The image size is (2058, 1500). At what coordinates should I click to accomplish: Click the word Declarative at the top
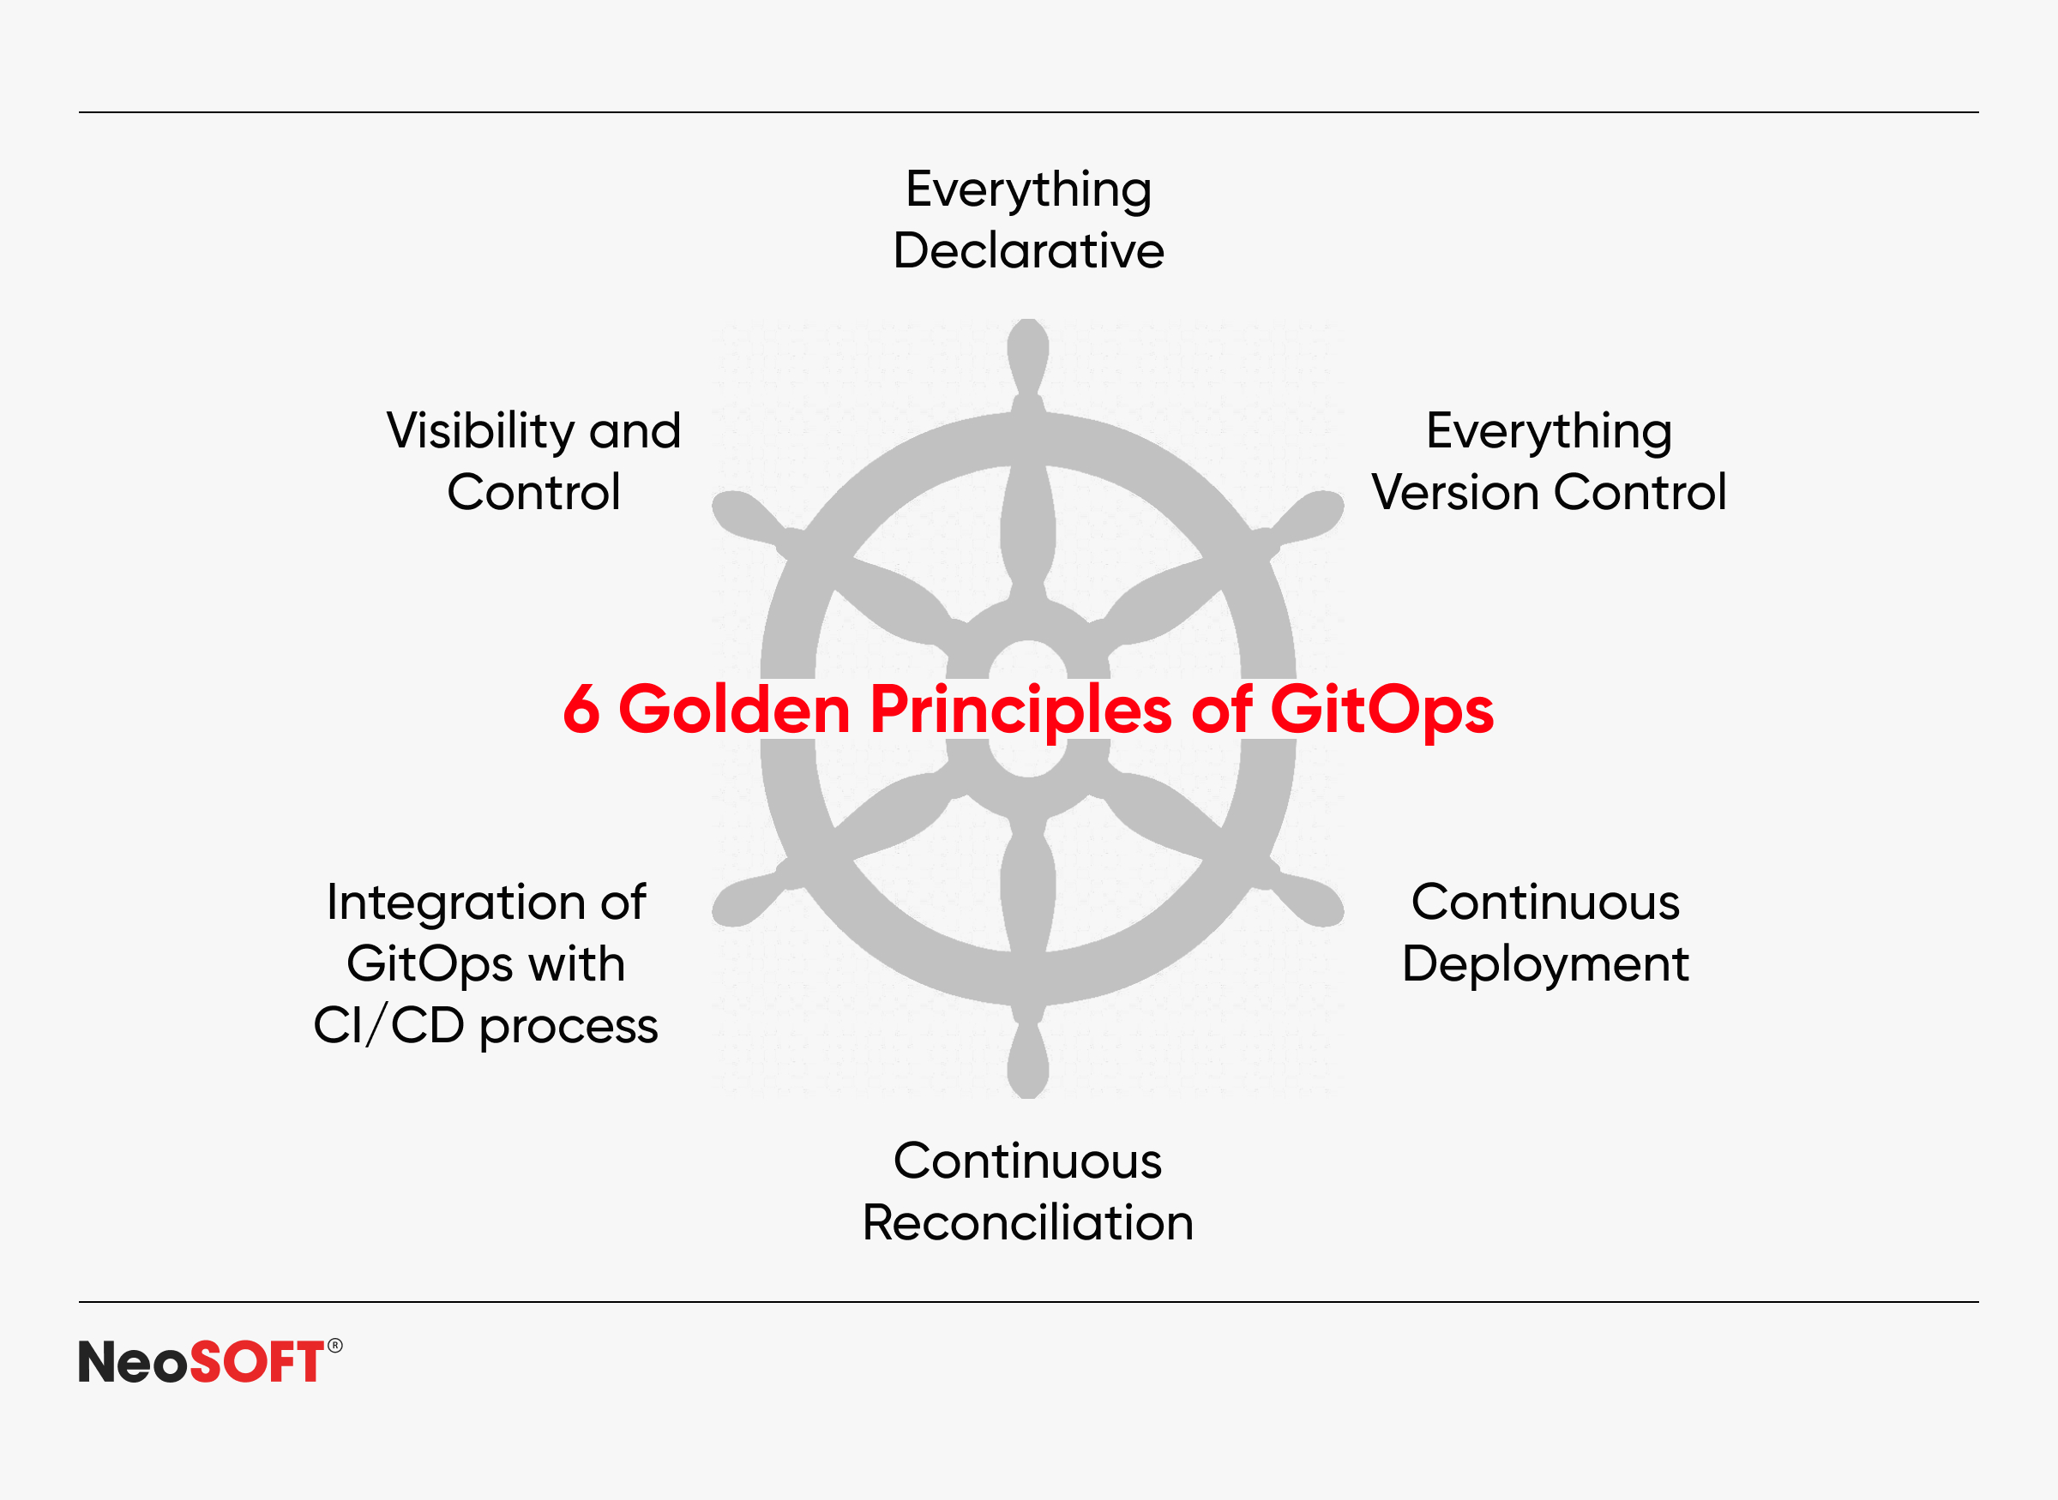pyautogui.click(x=1028, y=250)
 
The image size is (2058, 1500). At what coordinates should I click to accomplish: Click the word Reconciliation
pyautogui.click(x=1027, y=1222)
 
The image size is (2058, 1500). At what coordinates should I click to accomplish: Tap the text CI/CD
pyautogui.click(x=388, y=1026)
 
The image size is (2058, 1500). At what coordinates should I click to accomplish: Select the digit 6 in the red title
pyautogui.click(x=581, y=709)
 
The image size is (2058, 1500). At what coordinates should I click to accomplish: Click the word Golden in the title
pyautogui.click(x=734, y=709)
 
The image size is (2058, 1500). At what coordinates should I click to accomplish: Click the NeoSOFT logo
pyautogui.click(x=210, y=1361)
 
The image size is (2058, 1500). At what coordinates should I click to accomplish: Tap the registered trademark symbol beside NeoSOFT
pyautogui.click(x=335, y=1346)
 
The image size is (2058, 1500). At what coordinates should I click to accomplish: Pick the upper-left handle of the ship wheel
pyautogui.click(x=752, y=520)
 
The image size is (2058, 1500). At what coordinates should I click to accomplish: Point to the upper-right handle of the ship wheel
pyautogui.click(x=1304, y=520)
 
